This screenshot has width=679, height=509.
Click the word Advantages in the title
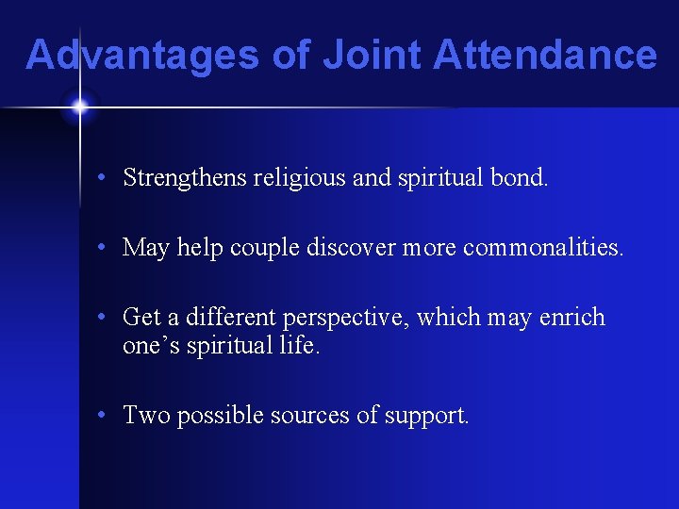tap(141, 55)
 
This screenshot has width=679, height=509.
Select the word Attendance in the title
tap(544, 55)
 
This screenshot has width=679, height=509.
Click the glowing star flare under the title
tap(79, 107)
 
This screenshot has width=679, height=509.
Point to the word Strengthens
tap(184, 177)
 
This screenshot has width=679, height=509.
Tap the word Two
tap(144, 415)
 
